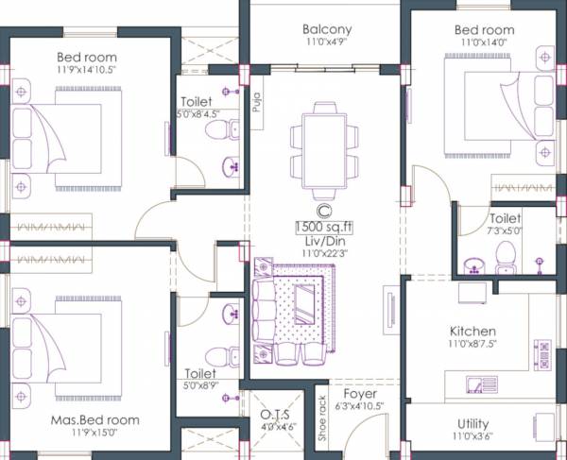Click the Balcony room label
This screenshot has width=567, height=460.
coord(327,28)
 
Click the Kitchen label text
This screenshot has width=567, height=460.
coord(472,332)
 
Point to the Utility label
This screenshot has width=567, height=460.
coord(472,425)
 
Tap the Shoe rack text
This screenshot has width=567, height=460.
coord(322,417)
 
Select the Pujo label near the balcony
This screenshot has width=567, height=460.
coord(257,101)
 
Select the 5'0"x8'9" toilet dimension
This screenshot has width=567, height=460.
coord(199,385)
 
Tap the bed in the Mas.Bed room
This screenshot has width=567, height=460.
coord(66,341)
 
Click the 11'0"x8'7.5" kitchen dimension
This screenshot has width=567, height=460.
coord(472,345)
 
